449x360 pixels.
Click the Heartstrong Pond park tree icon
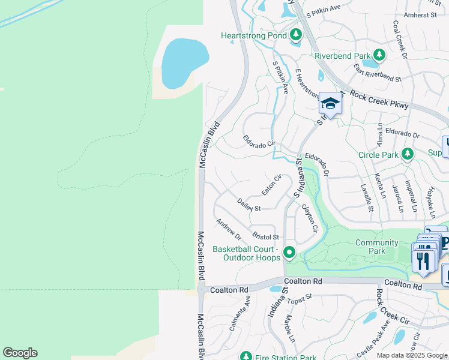[x=295, y=36]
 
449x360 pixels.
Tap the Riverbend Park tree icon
[x=379, y=56]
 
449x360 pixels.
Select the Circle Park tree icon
[x=408, y=155]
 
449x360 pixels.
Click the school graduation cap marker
[x=330, y=104]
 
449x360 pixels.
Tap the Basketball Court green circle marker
[x=289, y=253]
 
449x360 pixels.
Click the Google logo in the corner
[x=20, y=353]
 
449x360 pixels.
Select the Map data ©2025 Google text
[x=412, y=355]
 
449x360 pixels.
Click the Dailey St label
[x=249, y=205]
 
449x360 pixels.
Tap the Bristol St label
[x=266, y=236]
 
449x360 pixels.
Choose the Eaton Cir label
[x=271, y=185]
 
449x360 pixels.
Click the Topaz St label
[x=300, y=298]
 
